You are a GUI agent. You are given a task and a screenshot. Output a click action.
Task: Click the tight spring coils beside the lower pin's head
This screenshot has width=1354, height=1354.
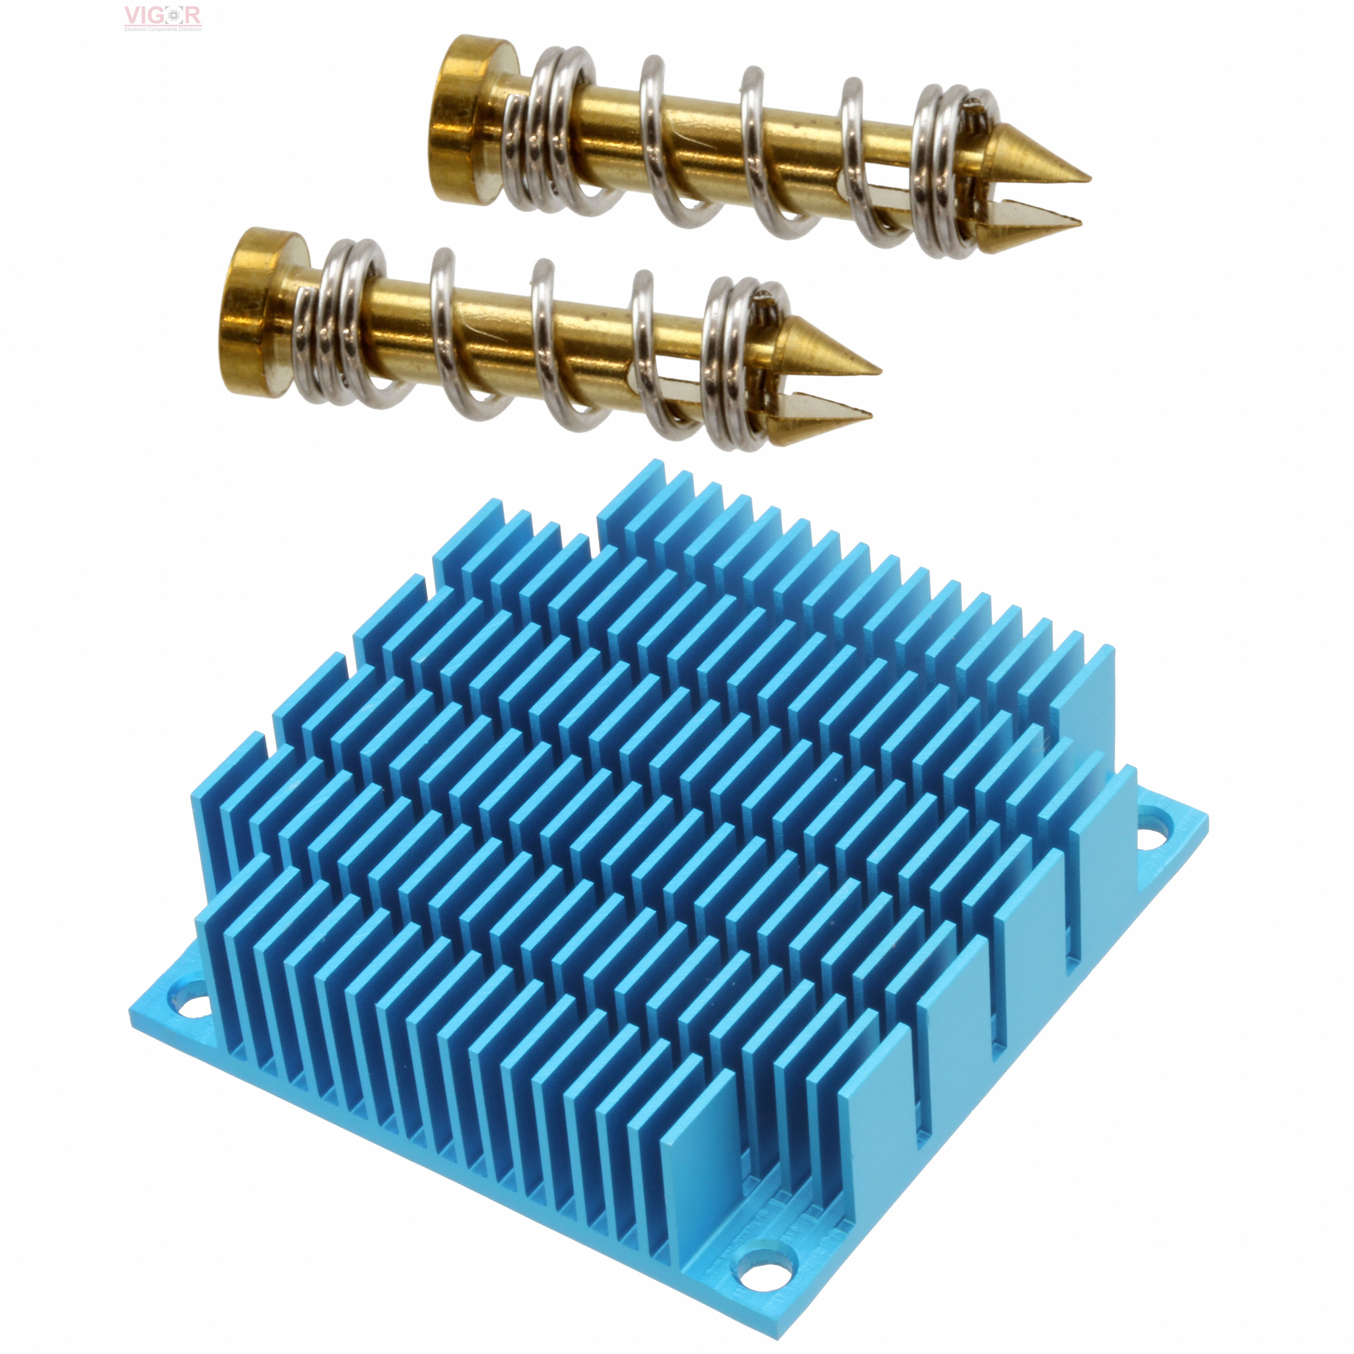click(343, 322)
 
